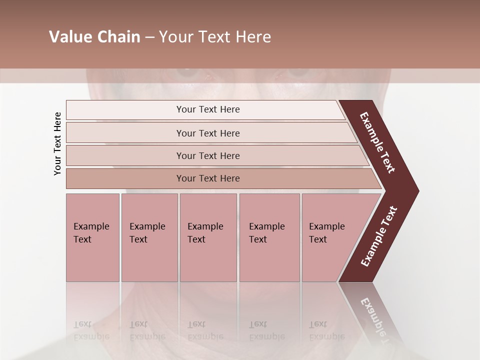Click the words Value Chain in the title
(94, 37)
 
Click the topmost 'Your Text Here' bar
(208, 109)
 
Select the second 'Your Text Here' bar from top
(208, 133)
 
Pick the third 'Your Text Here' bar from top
(208, 155)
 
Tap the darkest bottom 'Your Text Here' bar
(208, 178)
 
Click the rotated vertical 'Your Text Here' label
(58, 143)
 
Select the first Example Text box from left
(92, 237)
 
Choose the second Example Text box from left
(149, 237)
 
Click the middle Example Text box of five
(208, 237)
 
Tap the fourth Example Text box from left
(269, 237)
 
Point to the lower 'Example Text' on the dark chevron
(379, 236)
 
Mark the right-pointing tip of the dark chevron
(417, 190)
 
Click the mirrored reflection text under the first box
(91, 330)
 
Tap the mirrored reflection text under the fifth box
(326, 330)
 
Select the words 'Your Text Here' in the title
(214, 37)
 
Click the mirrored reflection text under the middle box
(205, 330)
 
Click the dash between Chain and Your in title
(149, 37)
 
